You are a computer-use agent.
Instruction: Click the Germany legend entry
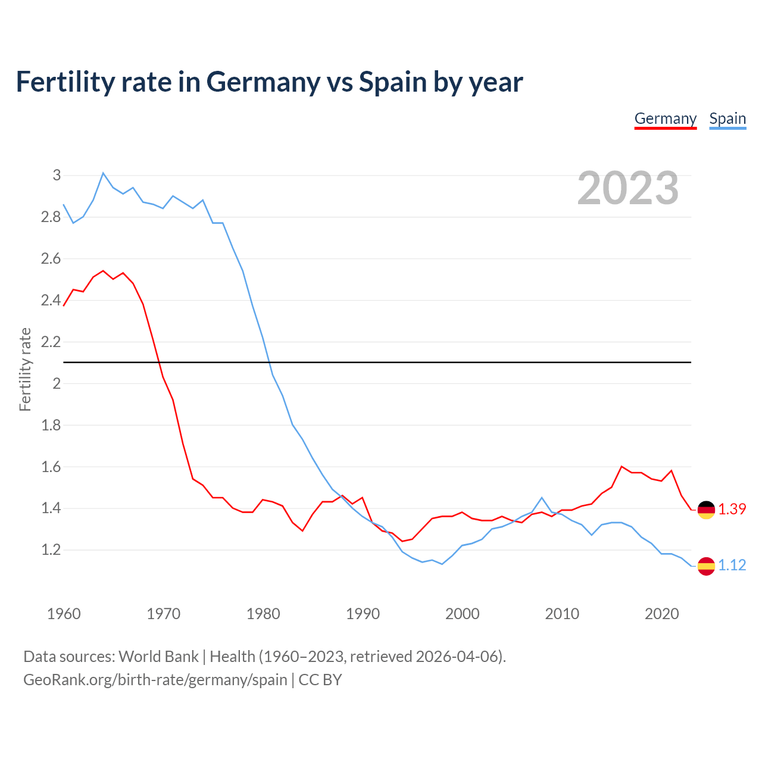[x=665, y=118]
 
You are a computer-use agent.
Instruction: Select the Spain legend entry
[x=727, y=118]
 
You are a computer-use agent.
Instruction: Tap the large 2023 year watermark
[x=628, y=188]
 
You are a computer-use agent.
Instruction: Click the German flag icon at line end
[x=706, y=510]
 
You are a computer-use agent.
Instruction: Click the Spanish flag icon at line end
[x=706, y=566]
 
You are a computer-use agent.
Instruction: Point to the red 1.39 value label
[x=732, y=510]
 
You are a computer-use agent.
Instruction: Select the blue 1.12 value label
[x=732, y=566]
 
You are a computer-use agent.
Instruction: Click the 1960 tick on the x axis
[x=64, y=614]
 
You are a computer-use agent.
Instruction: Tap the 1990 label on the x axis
[x=363, y=614]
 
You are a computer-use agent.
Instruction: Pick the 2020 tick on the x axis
[x=661, y=614]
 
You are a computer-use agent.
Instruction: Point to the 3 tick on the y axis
[x=57, y=175]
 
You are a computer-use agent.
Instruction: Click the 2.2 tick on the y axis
[x=51, y=342]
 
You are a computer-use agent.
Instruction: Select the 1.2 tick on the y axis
[x=51, y=550]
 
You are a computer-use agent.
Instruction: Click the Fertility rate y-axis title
[x=25, y=369]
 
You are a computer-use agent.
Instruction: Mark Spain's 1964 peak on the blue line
[x=103, y=173]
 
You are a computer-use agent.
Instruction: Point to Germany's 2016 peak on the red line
[x=622, y=467]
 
